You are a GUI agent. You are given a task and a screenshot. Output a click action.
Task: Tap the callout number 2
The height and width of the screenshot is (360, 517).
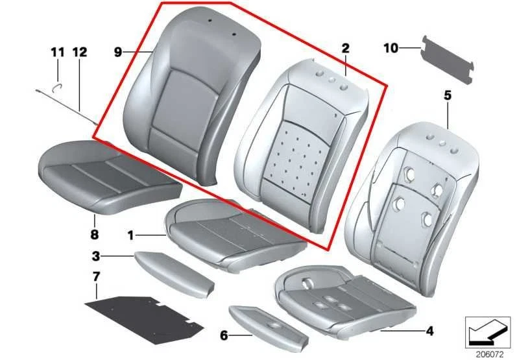(x=345, y=48)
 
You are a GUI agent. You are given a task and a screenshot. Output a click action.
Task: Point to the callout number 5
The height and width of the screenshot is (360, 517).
(x=447, y=95)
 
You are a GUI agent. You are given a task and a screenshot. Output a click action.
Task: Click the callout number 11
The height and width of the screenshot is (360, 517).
(x=57, y=51)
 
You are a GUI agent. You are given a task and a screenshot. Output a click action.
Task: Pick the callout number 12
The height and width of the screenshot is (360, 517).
(x=79, y=51)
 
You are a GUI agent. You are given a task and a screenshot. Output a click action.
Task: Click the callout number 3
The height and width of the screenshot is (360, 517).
(x=95, y=256)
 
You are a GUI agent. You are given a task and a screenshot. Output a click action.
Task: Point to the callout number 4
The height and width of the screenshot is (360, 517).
(x=429, y=332)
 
